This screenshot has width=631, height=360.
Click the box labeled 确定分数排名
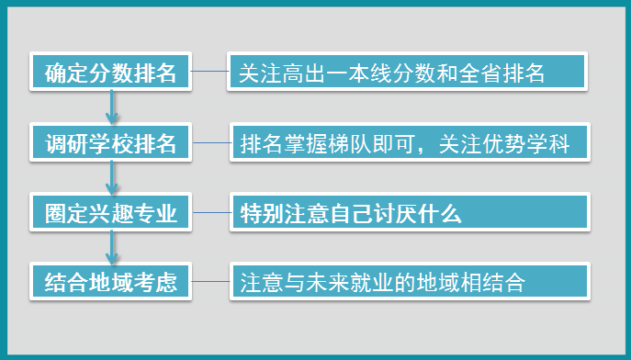click(x=109, y=73)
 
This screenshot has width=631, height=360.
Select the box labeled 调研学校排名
click(x=109, y=143)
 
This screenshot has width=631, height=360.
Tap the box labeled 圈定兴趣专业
click(x=109, y=213)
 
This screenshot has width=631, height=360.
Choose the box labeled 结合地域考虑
click(x=109, y=281)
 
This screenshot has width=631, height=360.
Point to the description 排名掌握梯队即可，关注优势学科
click(x=407, y=143)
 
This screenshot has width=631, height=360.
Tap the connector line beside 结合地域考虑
click(x=210, y=281)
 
